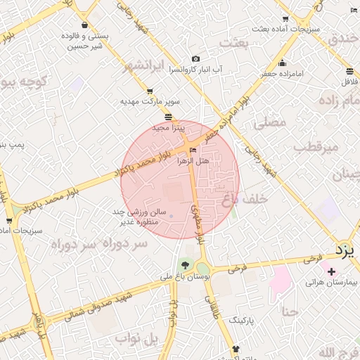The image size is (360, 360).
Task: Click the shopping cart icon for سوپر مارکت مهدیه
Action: click(x=149, y=91)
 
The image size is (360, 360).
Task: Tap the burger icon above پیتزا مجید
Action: click(x=168, y=117)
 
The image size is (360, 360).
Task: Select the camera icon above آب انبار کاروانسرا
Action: click(x=195, y=58)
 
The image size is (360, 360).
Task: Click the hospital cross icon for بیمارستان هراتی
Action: click(x=331, y=271)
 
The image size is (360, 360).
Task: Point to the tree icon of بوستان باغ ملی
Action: click(x=185, y=265)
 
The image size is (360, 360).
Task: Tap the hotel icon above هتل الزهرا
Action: click(x=193, y=150)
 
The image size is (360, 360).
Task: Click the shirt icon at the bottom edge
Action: click(x=235, y=348)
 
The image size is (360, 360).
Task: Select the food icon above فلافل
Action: click(x=349, y=71)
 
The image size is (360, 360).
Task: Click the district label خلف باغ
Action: click(x=246, y=200)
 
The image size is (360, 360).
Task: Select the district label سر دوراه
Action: click(x=99, y=244)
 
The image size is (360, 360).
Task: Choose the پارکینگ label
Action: click(x=243, y=319)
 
